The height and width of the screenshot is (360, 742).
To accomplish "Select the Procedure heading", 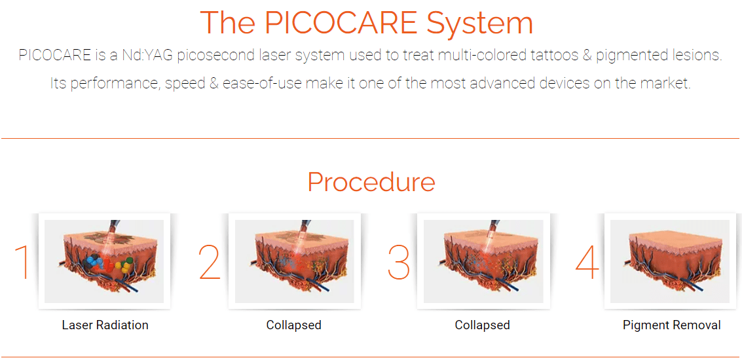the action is coord(371,182).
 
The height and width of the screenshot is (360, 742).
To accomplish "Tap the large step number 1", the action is coord(23,262).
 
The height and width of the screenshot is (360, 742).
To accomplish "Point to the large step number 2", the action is coord(210,262).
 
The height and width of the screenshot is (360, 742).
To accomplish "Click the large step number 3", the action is coord(398,262).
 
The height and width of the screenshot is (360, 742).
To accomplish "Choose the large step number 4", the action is coord(587,262).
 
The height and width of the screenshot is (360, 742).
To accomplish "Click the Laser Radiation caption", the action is coord(105,325).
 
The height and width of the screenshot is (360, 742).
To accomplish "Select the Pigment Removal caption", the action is coord(672,325).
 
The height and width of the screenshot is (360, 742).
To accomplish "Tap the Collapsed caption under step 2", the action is coord(294,325).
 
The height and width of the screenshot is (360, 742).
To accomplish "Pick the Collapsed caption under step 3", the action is coord(482,325).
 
